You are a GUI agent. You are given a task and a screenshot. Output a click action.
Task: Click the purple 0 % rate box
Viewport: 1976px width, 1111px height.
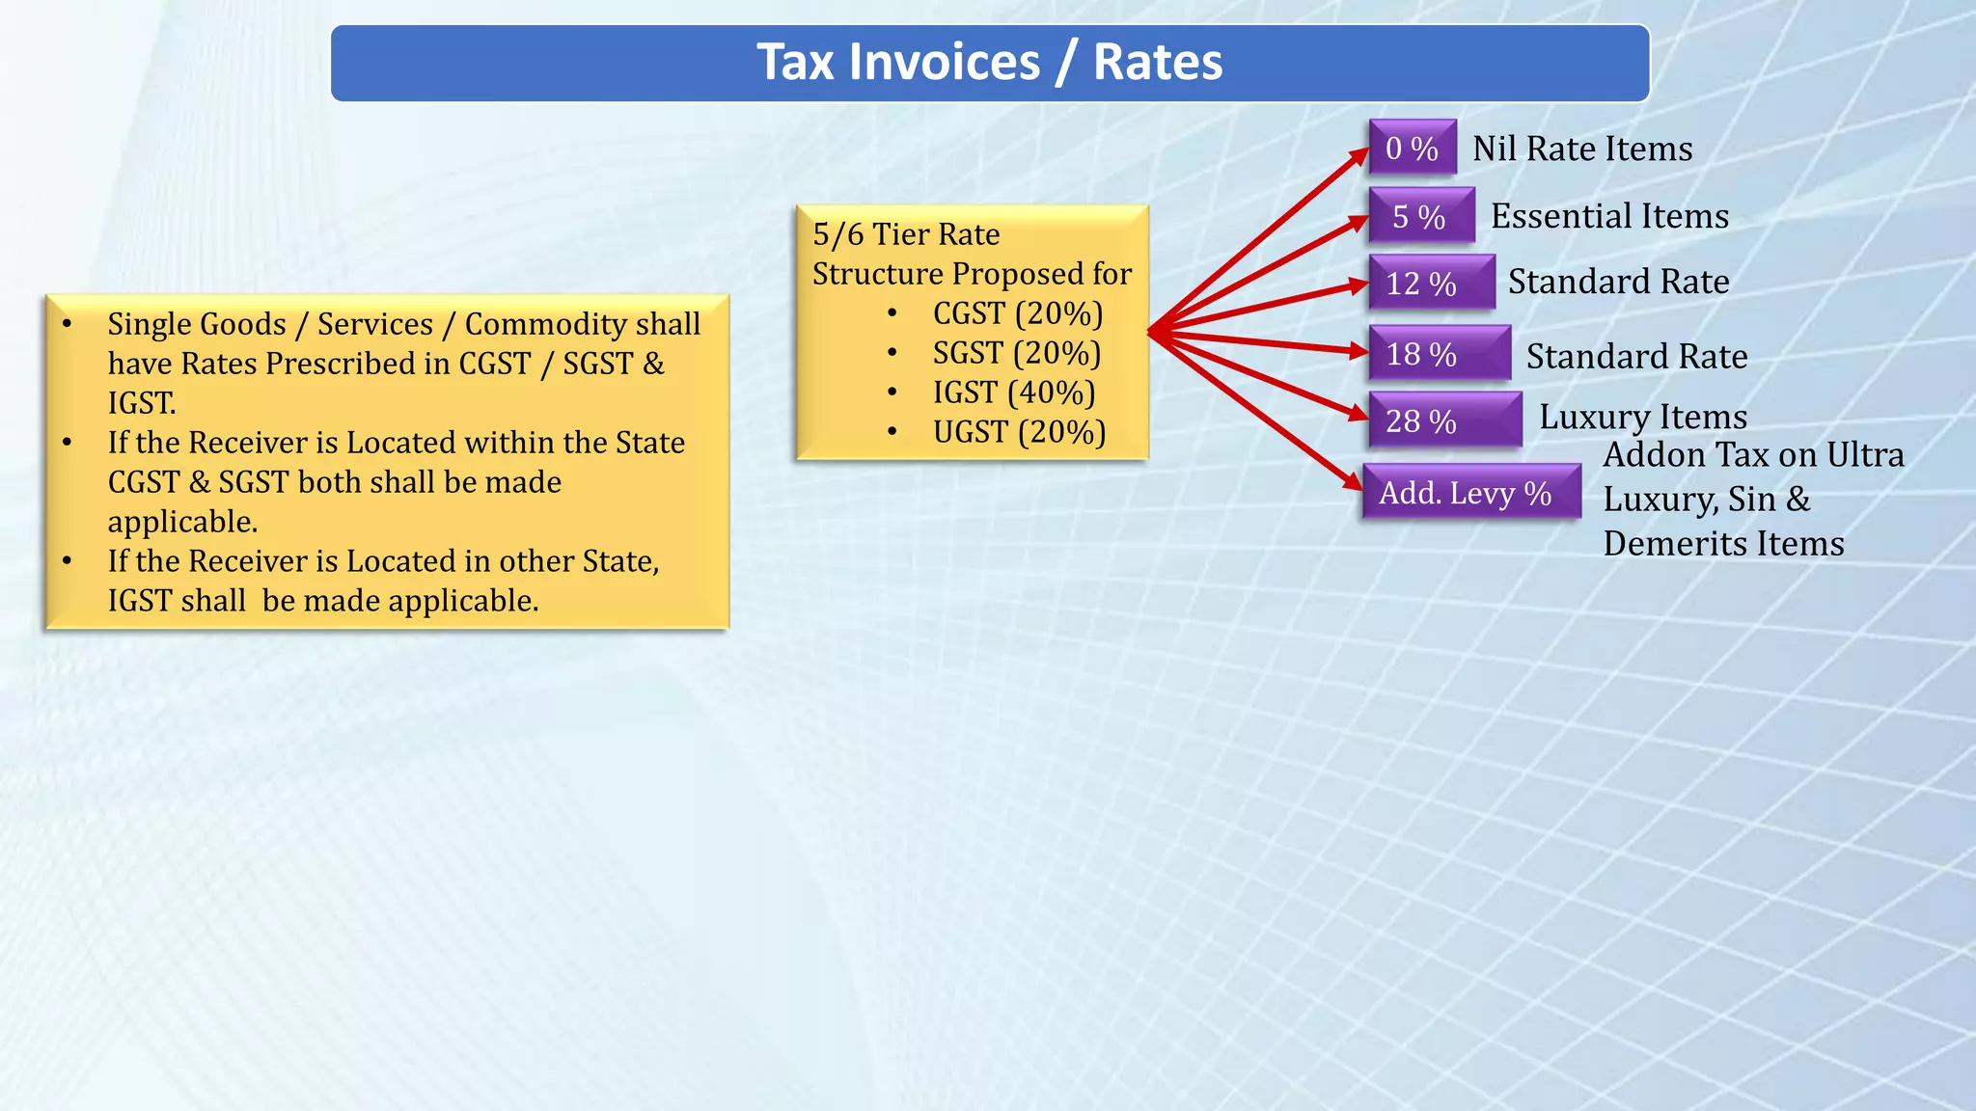click(1412, 148)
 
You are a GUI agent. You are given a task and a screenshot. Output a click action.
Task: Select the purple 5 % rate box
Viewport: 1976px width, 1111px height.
click(1420, 216)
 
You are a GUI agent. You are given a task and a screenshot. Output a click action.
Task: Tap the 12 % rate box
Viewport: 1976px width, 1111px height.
click(1431, 283)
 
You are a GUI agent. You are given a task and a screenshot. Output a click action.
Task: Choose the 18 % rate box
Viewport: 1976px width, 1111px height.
click(1439, 354)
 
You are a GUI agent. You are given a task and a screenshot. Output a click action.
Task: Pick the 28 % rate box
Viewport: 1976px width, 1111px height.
click(1443, 420)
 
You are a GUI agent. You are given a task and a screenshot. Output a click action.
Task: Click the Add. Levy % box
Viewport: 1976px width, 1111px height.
click(1470, 493)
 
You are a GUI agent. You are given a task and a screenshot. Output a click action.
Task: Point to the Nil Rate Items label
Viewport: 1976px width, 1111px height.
click(1582, 149)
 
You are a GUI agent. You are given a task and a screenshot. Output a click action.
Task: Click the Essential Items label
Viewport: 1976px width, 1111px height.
click(1609, 216)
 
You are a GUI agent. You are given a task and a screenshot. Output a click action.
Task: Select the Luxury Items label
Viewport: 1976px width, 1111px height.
click(1643, 417)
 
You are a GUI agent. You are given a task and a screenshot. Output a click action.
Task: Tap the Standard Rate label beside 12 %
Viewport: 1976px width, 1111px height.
click(1618, 282)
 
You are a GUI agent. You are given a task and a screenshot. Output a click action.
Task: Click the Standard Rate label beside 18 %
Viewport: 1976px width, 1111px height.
click(1636, 357)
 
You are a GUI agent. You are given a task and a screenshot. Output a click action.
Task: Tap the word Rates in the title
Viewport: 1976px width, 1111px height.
click(1157, 63)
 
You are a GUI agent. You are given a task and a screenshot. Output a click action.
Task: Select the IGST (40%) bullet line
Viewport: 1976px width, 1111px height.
click(1013, 393)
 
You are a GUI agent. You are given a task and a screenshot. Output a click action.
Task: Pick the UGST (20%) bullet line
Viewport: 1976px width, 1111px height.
click(1019, 432)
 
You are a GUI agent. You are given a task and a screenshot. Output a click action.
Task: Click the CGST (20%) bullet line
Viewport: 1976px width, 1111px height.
click(1017, 313)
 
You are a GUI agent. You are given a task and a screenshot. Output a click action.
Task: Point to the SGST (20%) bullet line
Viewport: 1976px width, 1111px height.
click(1016, 353)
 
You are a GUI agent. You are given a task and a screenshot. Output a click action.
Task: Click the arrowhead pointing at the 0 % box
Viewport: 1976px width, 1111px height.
click(1358, 155)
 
